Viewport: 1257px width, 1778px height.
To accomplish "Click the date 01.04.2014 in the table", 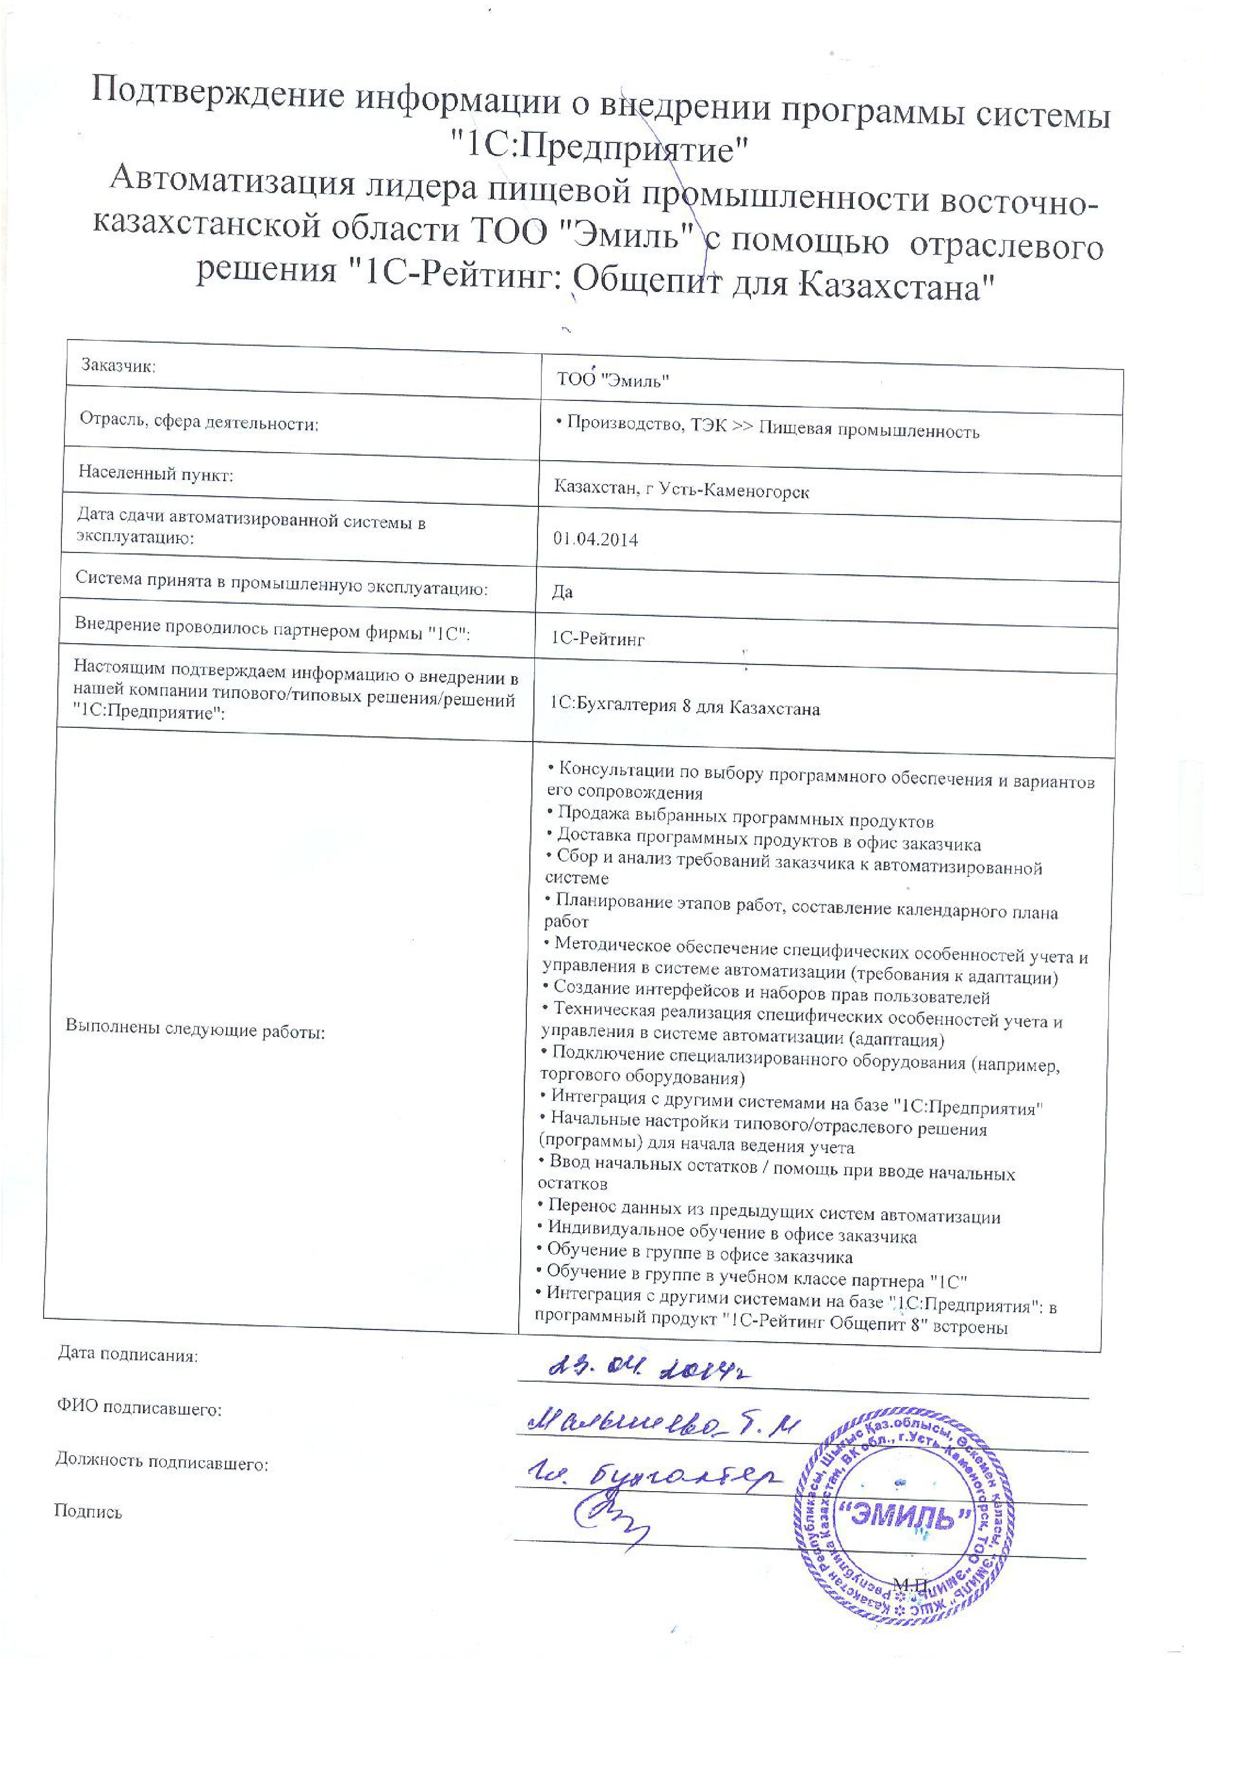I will point(595,540).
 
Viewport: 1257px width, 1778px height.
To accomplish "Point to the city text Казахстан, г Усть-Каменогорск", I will point(681,490).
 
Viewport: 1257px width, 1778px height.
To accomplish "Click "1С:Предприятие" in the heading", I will point(600,147).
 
